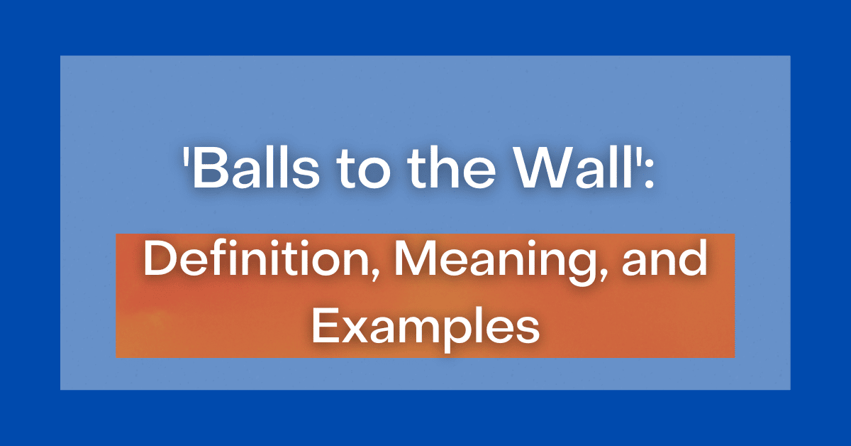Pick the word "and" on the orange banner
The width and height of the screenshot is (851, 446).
(x=666, y=261)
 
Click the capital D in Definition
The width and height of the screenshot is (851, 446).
(x=161, y=261)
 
